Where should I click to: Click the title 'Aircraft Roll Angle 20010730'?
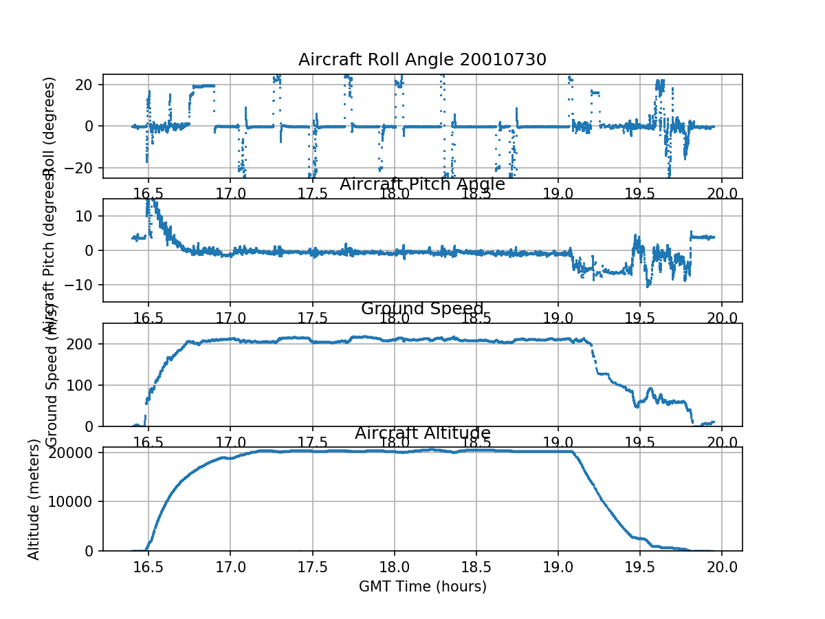coord(422,60)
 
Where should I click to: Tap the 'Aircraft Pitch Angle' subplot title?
coord(422,184)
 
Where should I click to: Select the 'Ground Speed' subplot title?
coord(422,309)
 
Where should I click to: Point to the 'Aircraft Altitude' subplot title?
coord(422,433)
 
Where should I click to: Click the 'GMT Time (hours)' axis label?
coord(422,587)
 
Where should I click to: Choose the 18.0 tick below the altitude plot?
coord(394,565)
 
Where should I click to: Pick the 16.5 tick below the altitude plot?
coord(148,565)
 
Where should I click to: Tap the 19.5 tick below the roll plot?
coord(640,193)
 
